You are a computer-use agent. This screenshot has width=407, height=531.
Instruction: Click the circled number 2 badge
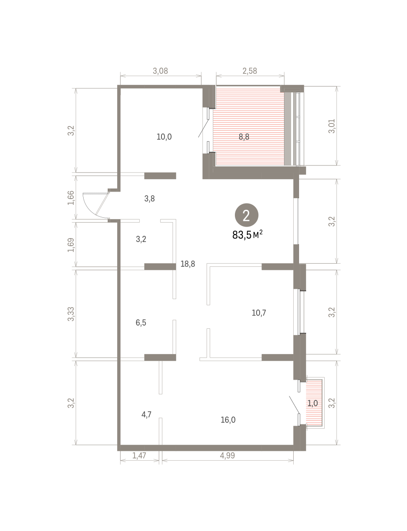coord(246,215)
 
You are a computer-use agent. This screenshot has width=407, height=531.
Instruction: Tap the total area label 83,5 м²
coord(247,235)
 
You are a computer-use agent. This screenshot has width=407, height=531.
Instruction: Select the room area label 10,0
coord(164,137)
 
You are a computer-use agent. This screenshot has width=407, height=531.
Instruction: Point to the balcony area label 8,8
coord(244,137)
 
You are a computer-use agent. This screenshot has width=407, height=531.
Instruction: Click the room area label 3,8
coord(149,199)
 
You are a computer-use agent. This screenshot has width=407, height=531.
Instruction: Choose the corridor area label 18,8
coord(188,264)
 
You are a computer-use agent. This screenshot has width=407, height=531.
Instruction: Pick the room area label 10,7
coord(259,313)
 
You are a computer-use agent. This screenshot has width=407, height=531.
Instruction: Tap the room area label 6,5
coord(141,323)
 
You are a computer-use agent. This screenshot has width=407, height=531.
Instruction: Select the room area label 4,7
coord(146,415)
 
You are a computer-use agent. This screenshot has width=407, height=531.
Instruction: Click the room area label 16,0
coord(228,420)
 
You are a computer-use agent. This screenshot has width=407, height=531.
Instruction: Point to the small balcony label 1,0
coord(312,403)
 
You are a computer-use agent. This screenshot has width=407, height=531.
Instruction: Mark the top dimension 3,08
coord(160,71)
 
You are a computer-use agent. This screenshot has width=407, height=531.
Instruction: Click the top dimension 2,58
coord(250,71)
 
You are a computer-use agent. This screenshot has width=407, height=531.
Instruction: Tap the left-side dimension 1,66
coord(71,198)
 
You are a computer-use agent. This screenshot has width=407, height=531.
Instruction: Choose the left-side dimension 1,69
coord(71,245)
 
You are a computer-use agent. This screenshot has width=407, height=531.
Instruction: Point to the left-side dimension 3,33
coord(71,314)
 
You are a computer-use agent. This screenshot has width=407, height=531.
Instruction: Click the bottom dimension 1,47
coord(139,456)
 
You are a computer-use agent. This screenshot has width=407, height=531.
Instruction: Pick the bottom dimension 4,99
coord(227,456)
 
